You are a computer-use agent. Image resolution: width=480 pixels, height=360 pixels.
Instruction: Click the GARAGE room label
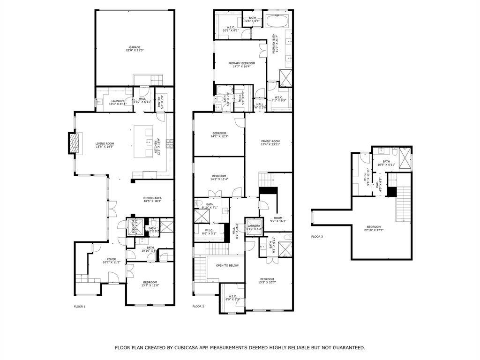pyautogui.click(x=135, y=47)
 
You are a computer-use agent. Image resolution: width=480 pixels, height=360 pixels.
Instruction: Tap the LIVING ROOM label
pyautogui.click(x=105, y=144)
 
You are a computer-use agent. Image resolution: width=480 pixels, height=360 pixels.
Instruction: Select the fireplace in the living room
pyautogui.click(x=73, y=143)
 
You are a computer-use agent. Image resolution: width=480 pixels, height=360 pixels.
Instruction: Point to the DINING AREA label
pyautogui.click(x=152, y=198)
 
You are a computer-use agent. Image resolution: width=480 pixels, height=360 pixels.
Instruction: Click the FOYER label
pyautogui.click(x=112, y=259)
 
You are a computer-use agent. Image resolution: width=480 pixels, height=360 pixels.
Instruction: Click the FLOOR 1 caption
pyautogui.click(x=80, y=307)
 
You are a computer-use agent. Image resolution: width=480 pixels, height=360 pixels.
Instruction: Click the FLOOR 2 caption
pyautogui.click(x=198, y=307)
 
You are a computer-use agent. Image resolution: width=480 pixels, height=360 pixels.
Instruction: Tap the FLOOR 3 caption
pyautogui.click(x=317, y=237)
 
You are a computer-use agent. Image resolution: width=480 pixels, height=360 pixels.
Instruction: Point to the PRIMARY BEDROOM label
pyautogui.click(x=242, y=63)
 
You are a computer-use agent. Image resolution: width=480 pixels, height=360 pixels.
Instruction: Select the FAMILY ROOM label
pyautogui.click(x=270, y=141)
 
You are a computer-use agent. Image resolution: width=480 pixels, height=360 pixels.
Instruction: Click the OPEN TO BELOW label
pyautogui.click(x=227, y=265)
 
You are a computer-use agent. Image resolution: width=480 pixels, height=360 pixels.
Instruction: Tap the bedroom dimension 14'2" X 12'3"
pyautogui.click(x=219, y=136)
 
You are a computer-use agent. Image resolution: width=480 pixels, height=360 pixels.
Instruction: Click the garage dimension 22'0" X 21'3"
pyautogui.click(x=135, y=51)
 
